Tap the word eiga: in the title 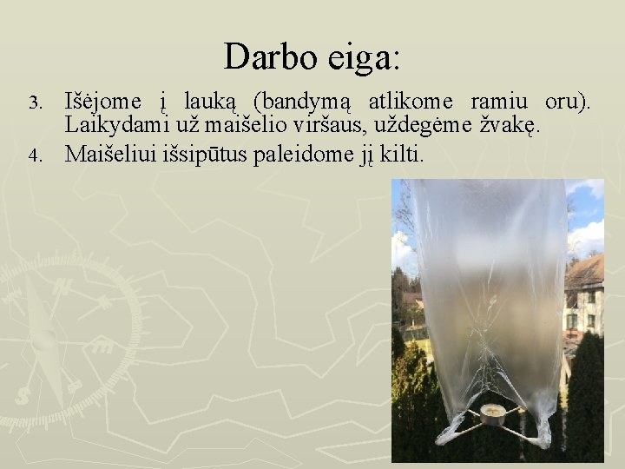[365, 58]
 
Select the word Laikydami [118, 127]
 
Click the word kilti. [401, 155]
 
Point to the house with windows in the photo [584, 295]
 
